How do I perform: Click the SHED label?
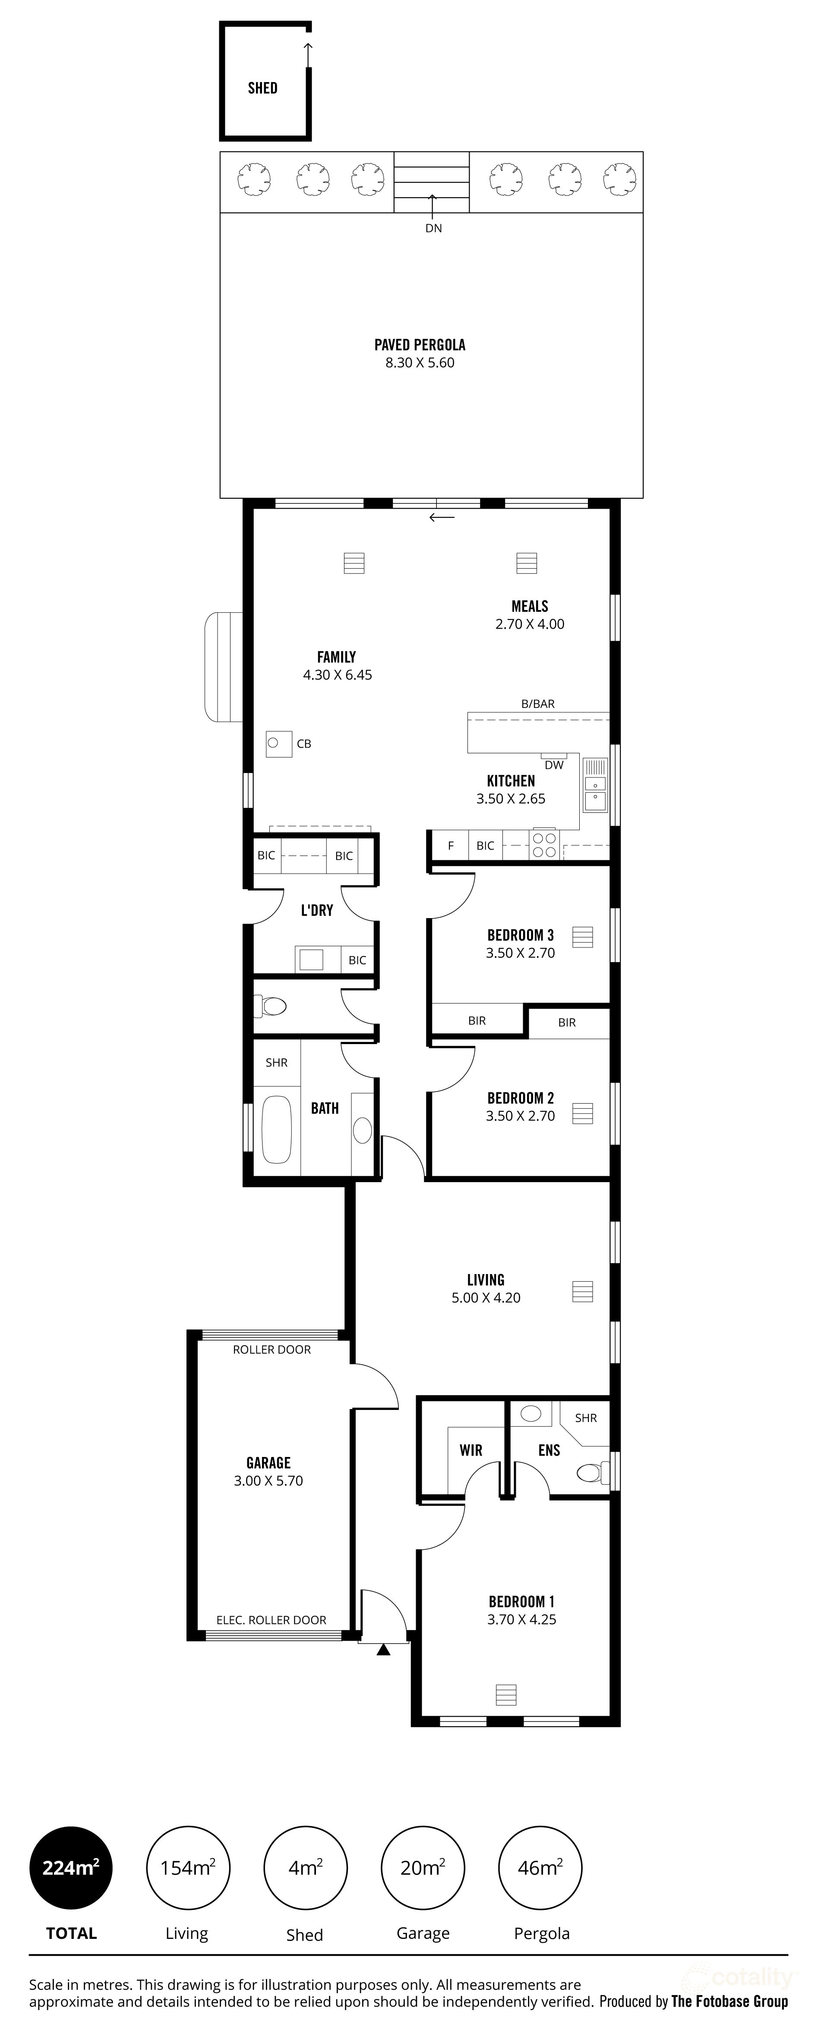(x=262, y=88)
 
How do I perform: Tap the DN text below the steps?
(x=433, y=228)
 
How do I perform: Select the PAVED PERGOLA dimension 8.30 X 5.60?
(x=420, y=363)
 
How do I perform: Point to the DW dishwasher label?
(x=554, y=765)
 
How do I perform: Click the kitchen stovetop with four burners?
(x=544, y=845)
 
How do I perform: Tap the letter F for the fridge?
(x=451, y=846)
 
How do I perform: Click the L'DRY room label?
(x=316, y=910)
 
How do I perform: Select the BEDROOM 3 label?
(x=521, y=935)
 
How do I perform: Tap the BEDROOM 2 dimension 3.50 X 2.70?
(x=521, y=1116)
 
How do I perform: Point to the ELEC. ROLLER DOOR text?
(x=271, y=1620)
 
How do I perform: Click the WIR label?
(x=470, y=1450)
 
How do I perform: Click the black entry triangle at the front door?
(x=384, y=1650)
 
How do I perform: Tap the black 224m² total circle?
(x=71, y=1869)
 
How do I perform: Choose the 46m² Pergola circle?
(x=540, y=1869)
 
